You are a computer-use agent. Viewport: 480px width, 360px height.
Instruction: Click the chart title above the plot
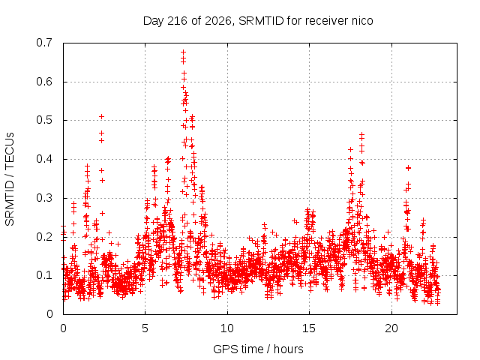click(258, 21)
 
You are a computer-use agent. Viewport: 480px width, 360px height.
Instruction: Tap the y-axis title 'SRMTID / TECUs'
click(10, 179)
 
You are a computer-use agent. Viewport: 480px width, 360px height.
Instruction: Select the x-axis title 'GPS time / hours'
click(258, 349)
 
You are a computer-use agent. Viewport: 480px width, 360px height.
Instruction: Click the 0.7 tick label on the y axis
click(44, 43)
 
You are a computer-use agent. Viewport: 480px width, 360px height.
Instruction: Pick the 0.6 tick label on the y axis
click(44, 82)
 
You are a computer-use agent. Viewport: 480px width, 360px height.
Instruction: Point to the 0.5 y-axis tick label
click(44, 120)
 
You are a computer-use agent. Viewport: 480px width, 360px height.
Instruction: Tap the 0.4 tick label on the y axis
click(44, 159)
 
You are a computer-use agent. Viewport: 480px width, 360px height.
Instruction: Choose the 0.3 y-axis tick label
click(44, 198)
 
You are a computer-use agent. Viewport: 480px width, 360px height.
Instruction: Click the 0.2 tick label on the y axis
click(44, 237)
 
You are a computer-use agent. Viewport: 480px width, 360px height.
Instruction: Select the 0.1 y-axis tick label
click(44, 275)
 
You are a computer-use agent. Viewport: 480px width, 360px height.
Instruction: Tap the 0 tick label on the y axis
click(49, 314)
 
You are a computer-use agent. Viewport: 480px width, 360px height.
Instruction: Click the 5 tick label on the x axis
click(145, 328)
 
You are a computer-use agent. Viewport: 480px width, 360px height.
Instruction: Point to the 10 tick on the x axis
click(227, 328)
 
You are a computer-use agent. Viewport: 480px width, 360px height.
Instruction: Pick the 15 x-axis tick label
click(309, 328)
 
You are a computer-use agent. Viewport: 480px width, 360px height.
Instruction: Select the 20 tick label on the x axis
click(391, 328)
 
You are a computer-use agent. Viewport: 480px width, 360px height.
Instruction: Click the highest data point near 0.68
click(183, 52)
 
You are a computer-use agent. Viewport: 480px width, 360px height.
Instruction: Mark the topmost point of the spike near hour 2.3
click(102, 117)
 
